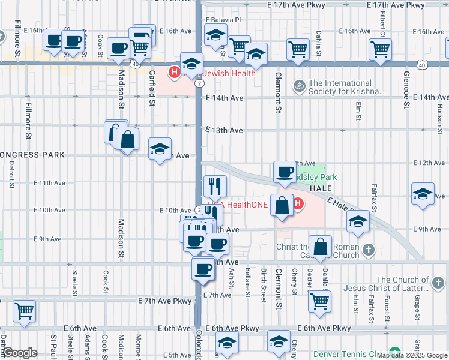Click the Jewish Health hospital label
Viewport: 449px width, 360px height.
coord(229,73)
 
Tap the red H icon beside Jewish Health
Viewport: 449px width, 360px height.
coord(175,73)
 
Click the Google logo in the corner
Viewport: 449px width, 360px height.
coord(19,353)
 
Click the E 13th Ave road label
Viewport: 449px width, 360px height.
coord(224,130)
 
